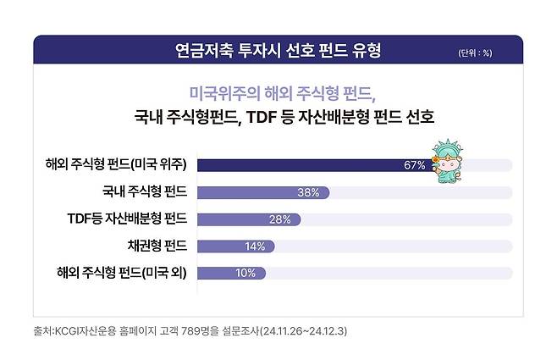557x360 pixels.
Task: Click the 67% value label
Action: click(414, 165)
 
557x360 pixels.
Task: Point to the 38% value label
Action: click(308, 192)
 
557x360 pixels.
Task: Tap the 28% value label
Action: click(280, 219)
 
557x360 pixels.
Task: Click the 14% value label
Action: click(254, 246)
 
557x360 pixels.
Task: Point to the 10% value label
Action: click(245, 273)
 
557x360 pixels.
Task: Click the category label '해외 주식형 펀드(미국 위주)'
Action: click(116, 164)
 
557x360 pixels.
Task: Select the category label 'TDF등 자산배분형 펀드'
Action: click(127, 219)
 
